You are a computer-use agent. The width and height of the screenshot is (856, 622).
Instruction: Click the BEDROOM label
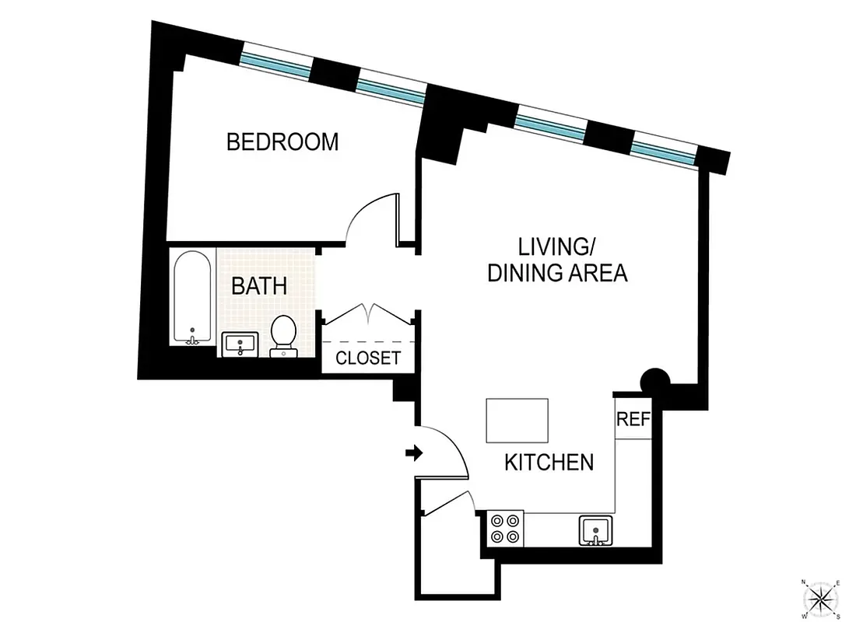[x=282, y=142]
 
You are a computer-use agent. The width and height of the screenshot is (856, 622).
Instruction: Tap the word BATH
[x=259, y=285]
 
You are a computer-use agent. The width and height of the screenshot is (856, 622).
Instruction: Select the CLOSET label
[x=368, y=358]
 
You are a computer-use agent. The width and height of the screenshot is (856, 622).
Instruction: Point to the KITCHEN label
[x=549, y=463]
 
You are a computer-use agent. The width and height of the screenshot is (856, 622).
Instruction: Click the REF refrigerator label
[x=633, y=420]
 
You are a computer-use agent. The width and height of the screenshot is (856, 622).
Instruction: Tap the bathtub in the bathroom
[x=191, y=297]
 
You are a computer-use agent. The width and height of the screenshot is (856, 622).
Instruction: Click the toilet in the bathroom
[x=282, y=335]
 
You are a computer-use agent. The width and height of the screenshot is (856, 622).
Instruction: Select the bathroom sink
[x=240, y=344]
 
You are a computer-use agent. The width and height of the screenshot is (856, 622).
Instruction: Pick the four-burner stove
[x=504, y=528]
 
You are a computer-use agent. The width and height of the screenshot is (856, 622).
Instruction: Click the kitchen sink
[x=596, y=530]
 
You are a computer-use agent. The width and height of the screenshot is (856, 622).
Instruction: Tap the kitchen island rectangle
[x=517, y=420]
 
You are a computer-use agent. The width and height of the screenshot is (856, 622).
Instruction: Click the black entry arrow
[x=413, y=453]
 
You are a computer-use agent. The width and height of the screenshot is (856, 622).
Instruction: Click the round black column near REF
[x=654, y=381]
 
